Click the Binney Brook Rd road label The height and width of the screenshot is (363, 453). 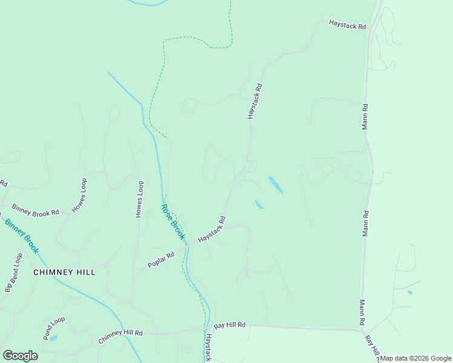pos(35,209)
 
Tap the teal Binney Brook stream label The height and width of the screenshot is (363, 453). pos(22,235)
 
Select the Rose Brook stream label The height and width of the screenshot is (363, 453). pos(172,221)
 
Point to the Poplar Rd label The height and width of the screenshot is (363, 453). pos(161,260)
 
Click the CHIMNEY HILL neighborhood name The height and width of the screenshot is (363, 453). pos(64,272)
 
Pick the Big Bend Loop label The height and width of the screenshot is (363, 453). pos(13,273)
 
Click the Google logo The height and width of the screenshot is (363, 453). pos(21,356)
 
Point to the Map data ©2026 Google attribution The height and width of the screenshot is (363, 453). pos(415,358)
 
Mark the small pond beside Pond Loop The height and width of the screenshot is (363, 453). pos(53,338)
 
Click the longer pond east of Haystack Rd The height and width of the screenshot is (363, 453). pos(275,185)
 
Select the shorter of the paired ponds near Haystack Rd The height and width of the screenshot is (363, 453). pos(259,204)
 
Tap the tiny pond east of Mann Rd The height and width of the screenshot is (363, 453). pos(410,293)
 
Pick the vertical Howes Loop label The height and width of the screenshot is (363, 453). pos(139,200)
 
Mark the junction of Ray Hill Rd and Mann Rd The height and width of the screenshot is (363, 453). pos(362,330)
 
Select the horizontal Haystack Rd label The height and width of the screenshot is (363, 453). pos(348,26)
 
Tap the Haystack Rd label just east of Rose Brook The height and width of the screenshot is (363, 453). pos(211,229)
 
